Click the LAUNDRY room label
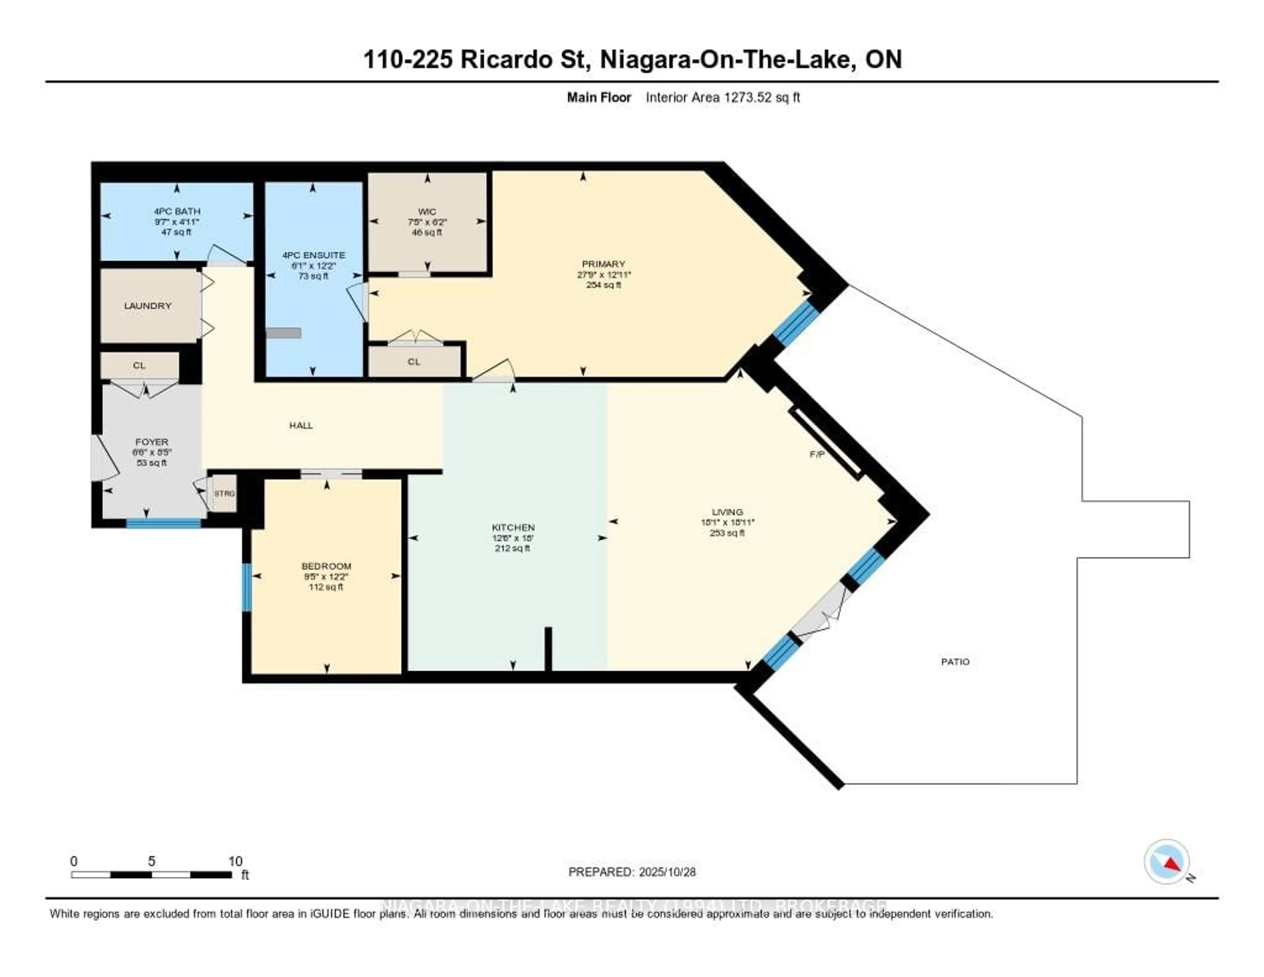147,306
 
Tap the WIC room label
427,212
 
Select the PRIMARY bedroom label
604,264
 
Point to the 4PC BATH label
177,211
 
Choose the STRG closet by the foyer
224,493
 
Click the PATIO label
955,661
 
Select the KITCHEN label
513,528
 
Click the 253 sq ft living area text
727,533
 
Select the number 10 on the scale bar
235,861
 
